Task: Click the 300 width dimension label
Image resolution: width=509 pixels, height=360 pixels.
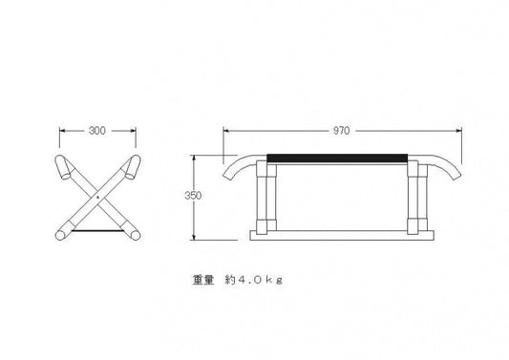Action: coord(97,131)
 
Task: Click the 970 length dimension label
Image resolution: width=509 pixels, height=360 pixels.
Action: coord(342,131)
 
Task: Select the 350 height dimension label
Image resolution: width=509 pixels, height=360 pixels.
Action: coord(193,196)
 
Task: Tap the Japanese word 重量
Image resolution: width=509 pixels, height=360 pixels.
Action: coord(203,280)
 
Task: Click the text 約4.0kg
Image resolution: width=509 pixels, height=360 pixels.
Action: coord(253,280)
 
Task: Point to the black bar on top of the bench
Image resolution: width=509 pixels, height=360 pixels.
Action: coord(337,159)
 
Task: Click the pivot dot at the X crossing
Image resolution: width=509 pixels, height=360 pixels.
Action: coord(97,197)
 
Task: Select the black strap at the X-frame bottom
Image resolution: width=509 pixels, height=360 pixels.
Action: coord(97,231)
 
